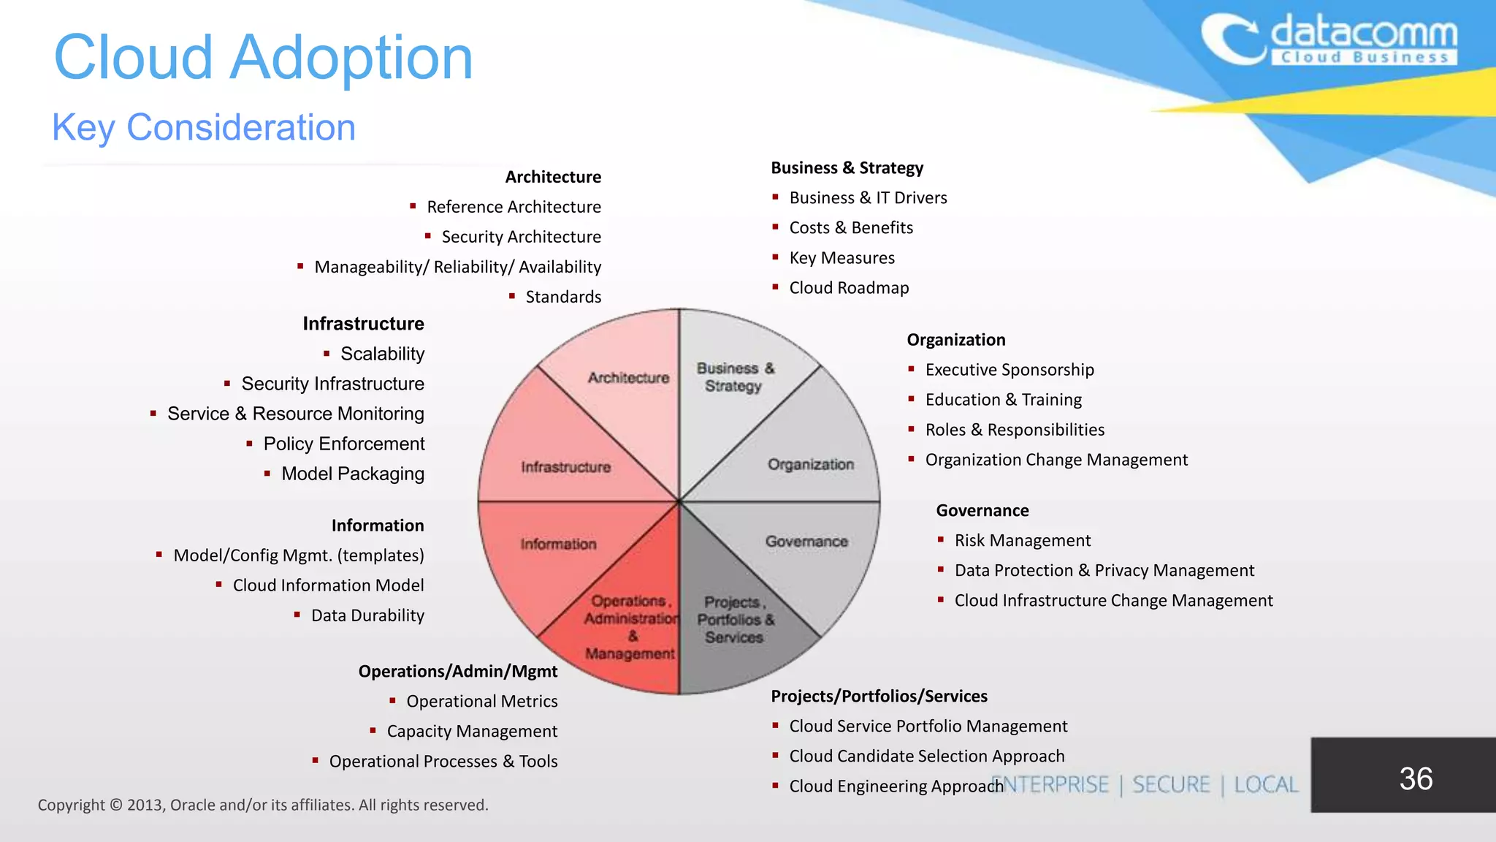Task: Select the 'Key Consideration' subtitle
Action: pyautogui.click(x=203, y=127)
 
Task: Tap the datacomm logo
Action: pyautogui.click(x=1329, y=40)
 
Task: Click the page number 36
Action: pyautogui.click(x=1415, y=778)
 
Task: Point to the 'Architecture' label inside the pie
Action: pyautogui.click(x=628, y=378)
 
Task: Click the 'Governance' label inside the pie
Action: pyautogui.click(x=806, y=542)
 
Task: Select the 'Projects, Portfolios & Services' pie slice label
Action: pyautogui.click(x=734, y=620)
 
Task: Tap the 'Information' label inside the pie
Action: pyautogui.click(x=558, y=545)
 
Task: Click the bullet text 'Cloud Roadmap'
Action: pyautogui.click(x=849, y=288)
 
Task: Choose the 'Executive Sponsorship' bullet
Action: pyautogui.click(x=1010, y=370)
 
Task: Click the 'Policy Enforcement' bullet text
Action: pyautogui.click(x=343, y=444)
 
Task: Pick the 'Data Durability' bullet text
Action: pyautogui.click(x=367, y=615)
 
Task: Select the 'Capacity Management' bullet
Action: pyautogui.click(x=472, y=731)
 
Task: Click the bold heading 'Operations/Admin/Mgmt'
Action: pyautogui.click(x=457, y=671)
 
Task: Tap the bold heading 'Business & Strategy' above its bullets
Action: pyautogui.click(x=847, y=168)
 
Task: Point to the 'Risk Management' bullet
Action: pyautogui.click(x=1022, y=540)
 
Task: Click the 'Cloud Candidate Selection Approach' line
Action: pyautogui.click(x=926, y=756)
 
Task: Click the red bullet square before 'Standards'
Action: pyautogui.click(x=512, y=296)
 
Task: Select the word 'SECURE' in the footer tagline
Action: pyautogui.click(x=1171, y=785)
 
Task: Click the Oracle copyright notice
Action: pyautogui.click(x=263, y=805)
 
